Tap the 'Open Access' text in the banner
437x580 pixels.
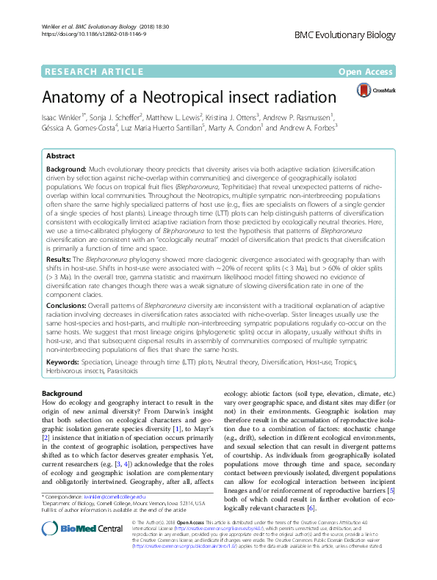[366, 71]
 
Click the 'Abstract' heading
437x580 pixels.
[60, 156]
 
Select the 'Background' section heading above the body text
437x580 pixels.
[62, 394]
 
